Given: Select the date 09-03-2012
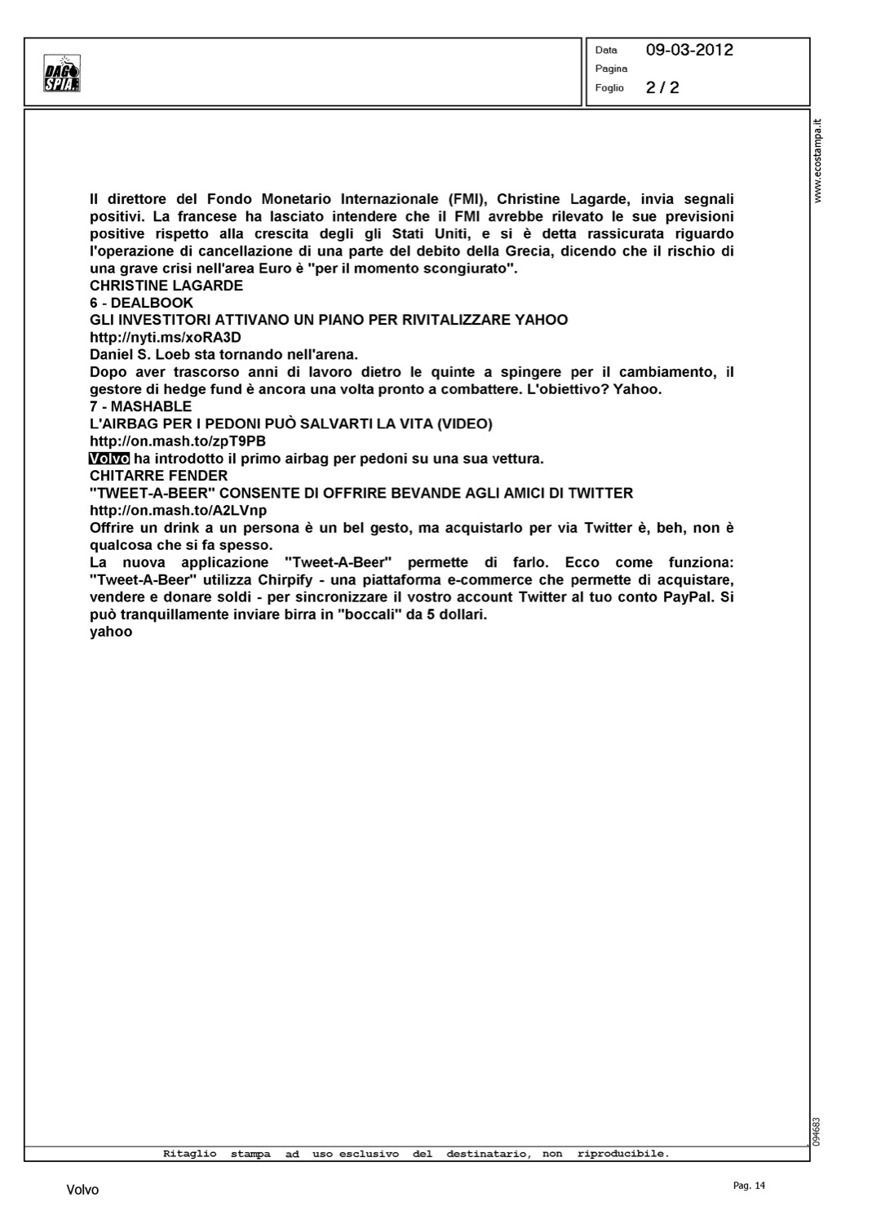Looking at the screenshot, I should tap(689, 50).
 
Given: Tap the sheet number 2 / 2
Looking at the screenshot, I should tap(662, 87).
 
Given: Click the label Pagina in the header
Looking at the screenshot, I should tap(611, 69).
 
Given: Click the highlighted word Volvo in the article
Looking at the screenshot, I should tap(108, 459).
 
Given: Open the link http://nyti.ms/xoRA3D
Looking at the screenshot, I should tap(166, 337).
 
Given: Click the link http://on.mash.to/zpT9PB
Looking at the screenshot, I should tap(178, 441).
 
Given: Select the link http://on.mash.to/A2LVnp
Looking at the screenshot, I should tap(178, 511).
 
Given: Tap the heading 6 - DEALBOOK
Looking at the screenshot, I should tap(141, 303).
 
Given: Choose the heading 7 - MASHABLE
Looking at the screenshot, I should tap(140, 406).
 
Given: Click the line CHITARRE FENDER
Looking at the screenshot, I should tap(158, 476).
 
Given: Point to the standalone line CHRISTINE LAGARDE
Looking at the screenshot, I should tap(166, 286).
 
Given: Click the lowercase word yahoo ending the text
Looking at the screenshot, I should tap(111, 632).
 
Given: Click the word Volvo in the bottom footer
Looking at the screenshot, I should tap(82, 1191).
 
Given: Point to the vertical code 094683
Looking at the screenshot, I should tap(817, 1130).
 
